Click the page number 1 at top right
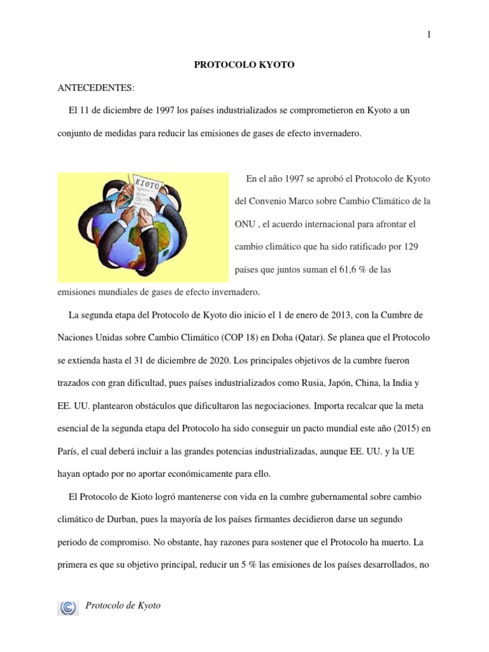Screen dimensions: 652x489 tap(429, 34)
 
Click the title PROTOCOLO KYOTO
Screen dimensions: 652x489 tap(244, 65)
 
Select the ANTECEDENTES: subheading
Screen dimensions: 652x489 tap(96, 87)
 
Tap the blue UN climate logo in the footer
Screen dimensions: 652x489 tap(67, 607)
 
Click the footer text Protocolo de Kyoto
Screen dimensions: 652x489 tap(123, 606)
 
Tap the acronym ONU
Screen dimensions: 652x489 tap(246, 224)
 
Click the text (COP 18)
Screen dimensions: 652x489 tap(240, 337)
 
